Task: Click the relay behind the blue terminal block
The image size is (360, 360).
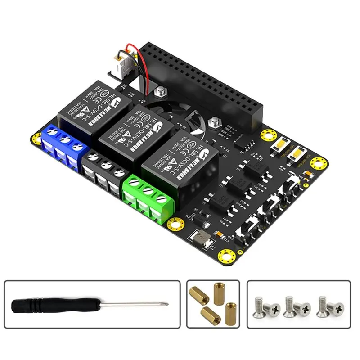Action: [x=93, y=108]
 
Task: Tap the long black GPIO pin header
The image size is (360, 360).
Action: [x=198, y=83]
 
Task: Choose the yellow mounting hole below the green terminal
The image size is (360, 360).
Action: [x=175, y=223]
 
